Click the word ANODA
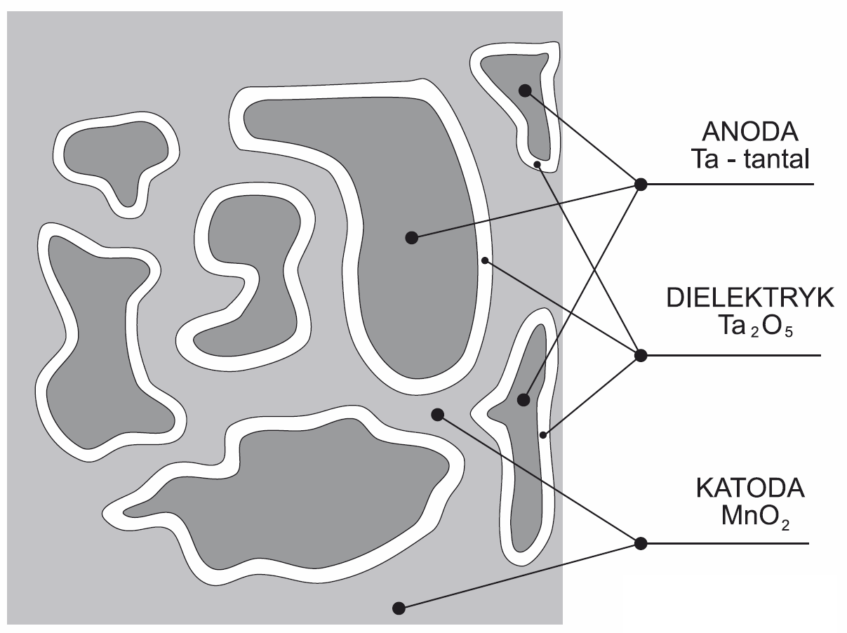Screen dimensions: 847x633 pyautogui.click(x=749, y=132)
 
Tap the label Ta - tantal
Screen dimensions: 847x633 pyautogui.click(x=749, y=159)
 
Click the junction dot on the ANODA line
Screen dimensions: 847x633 pyautogui.click(x=641, y=185)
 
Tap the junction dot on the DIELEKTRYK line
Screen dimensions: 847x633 pyautogui.click(x=641, y=355)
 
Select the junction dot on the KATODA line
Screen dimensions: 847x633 pyautogui.click(x=641, y=543)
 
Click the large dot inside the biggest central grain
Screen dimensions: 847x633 pyautogui.click(x=412, y=238)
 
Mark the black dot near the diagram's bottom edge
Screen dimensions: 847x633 pyautogui.click(x=399, y=608)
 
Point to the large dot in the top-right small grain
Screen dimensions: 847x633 pyautogui.click(x=525, y=91)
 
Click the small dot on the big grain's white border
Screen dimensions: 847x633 pyautogui.click(x=485, y=261)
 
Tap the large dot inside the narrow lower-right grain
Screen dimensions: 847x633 pyautogui.click(x=523, y=400)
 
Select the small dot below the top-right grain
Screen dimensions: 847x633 pyautogui.click(x=537, y=165)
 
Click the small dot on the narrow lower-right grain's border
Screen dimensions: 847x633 pyautogui.click(x=543, y=435)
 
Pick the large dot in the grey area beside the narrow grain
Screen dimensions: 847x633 pyautogui.click(x=437, y=415)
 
